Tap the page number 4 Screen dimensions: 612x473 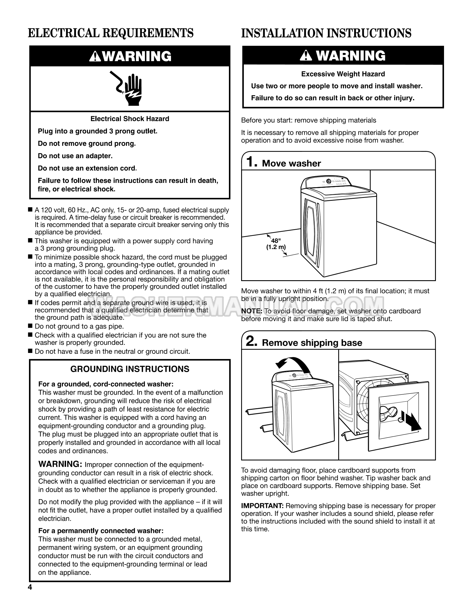pyautogui.click(x=30, y=587)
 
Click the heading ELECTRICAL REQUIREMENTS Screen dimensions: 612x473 pyautogui.click(x=111, y=33)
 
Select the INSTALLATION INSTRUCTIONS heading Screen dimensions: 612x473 pyautogui.click(x=326, y=33)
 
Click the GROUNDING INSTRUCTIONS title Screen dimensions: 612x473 pyautogui.click(x=130, y=369)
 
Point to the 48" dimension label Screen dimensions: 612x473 pyautogui.click(x=276, y=241)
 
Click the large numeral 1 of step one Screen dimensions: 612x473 pyautogui.click(x=251, y=162)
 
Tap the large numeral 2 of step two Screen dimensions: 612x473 pyautogui.click(x=251, y=341)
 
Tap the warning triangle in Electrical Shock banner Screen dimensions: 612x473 pyautogui.click(x=95, y=57)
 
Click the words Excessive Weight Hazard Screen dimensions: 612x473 pyautogui.click(x=343, y=74)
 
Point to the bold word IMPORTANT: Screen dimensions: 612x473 pyautogui.click(x=262, y=506)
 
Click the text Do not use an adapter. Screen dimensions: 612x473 pyautogui.click(x=75, y=156)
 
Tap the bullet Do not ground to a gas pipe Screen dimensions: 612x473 pyautogui.click(x=79, y=326)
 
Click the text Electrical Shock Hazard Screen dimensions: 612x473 pyautogui.click(x=130, y=119)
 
